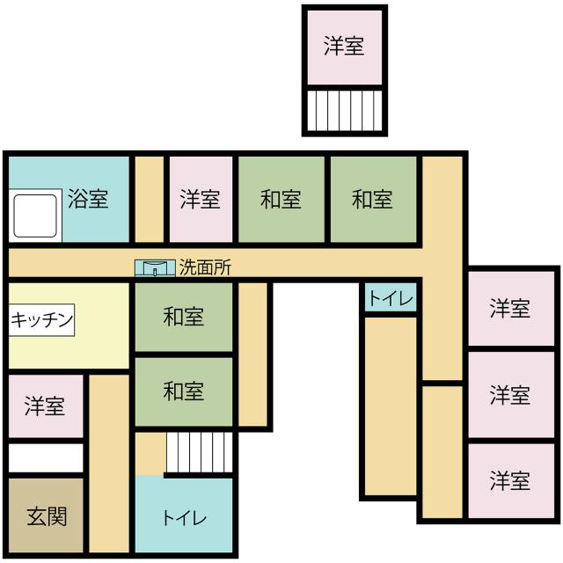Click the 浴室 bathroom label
click(88, 199)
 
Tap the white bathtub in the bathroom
click(35, 216)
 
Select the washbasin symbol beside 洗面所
click(155, 268)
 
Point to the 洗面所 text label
click(205, 267)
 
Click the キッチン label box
click(41, 320)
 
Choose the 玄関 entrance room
click(46, 515)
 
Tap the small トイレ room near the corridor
click(391, 297)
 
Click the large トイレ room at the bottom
click(184, 514)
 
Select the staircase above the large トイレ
click(200, 452)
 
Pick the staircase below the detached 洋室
click(345, 111)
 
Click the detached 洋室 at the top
click(345, 48)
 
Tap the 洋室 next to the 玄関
click(46, 406)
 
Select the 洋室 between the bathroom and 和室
click(201, 200)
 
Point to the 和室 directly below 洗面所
click(184, 317)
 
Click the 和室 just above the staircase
click(184, 391)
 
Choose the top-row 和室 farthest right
click(373, 200)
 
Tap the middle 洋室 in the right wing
click(511, 395)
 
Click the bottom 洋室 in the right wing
click(511, 481)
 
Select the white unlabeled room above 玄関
click(46, 457)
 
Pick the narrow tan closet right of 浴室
click(150, 200)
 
